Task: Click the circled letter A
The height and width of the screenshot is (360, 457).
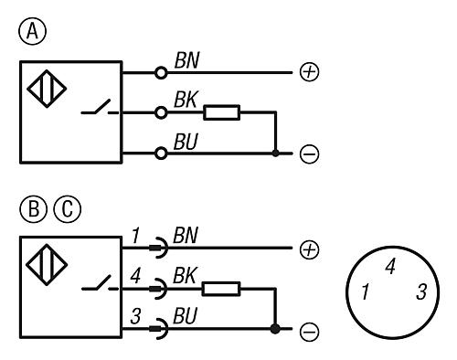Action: point(33,31)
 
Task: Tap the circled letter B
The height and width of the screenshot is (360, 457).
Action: point(34,209)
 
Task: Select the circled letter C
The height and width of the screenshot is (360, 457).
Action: point(68,209)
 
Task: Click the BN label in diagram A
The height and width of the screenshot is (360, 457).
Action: point(186,60)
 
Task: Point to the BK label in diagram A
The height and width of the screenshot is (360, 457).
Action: point(186,100)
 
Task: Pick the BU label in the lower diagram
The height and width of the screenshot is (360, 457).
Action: point(186,315)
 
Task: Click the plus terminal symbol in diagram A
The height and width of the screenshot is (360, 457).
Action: point(310,72)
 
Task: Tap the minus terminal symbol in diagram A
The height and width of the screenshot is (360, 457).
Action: point(310,154)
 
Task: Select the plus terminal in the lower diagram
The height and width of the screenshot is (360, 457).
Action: point(310,249)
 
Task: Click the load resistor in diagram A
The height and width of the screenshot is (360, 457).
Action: point(221,112)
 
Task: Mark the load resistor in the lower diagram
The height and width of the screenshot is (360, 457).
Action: point(221,289)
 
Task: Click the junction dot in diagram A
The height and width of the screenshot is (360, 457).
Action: point(275,153)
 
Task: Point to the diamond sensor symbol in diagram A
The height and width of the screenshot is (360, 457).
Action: point(47,89)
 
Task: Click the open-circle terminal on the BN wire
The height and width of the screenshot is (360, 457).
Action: point(161,73)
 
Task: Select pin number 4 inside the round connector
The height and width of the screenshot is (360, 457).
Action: point(390,267)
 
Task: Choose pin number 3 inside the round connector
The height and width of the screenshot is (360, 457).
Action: point(421,291)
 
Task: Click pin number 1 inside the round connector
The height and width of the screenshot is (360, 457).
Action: point(366,291)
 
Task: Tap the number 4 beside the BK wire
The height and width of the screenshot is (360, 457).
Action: point(135,276)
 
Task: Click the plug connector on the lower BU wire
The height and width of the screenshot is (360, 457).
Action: point(159,329)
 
